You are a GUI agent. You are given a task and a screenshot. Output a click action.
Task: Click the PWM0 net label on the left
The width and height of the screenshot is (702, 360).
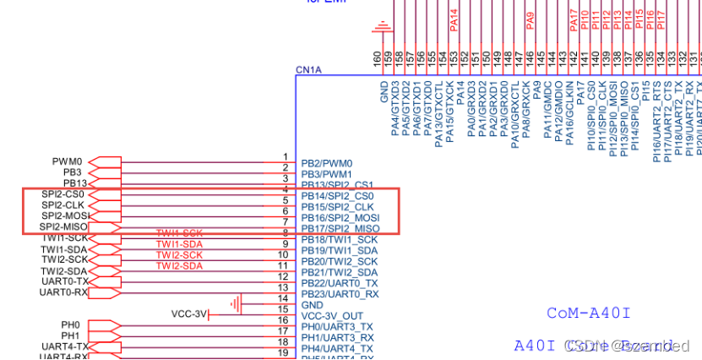point(68,161)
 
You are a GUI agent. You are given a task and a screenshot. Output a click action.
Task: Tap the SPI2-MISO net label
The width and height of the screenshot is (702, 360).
point(64,227)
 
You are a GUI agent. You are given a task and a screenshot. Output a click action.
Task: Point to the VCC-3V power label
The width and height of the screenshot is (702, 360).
point(189,314)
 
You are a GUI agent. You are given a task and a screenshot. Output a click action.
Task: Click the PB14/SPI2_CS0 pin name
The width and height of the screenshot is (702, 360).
point(337,196)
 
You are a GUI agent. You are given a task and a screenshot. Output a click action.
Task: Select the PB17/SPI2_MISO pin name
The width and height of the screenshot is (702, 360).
point(340,229)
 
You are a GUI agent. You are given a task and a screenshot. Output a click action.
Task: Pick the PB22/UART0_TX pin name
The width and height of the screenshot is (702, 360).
point(340,283)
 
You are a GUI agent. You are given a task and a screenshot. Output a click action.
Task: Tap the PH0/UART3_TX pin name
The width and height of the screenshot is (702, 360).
point(337,326)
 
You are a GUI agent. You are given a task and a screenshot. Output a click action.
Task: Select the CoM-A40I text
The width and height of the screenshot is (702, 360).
point(589,314)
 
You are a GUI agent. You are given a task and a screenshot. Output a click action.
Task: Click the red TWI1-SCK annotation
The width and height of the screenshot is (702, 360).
point(179,232)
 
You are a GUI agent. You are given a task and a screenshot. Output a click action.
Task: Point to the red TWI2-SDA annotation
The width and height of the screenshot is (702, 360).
point(179,265)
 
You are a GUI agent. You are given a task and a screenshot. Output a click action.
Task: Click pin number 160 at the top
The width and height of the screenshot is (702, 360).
point(377,57)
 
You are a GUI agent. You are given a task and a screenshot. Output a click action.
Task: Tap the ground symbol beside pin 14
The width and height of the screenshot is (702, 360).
point(238,303)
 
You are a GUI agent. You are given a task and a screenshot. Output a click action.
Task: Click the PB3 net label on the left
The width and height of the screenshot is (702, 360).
point(73,172)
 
